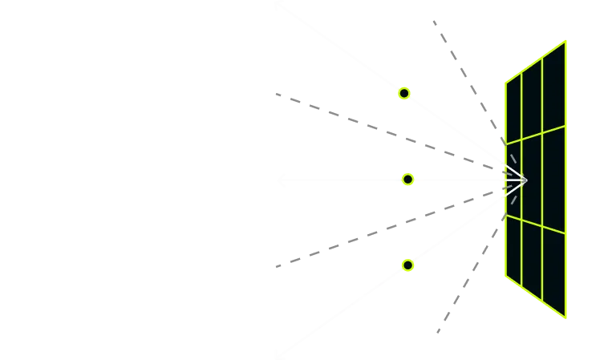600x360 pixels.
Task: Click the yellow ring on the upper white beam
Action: pos(404,93)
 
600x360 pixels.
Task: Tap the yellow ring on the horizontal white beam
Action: pos(407,180)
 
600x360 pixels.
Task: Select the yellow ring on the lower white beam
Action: pos(407,265)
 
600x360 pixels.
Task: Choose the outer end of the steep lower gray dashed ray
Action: pos(439,330)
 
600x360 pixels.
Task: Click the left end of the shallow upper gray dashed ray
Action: pos(274,94)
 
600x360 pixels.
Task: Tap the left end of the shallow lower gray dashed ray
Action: pos(274,265)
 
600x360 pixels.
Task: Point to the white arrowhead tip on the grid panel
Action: pos(527,180)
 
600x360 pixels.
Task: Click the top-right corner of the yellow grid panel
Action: pos(567,40)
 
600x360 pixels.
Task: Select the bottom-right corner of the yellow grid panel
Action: pos(567,318)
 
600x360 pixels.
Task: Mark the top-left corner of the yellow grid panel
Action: pos(505,82)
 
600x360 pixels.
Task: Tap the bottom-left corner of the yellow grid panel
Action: pos(505,277)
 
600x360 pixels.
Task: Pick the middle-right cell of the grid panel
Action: pos(554,180)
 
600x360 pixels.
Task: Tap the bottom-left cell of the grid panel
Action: pos(513,249)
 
